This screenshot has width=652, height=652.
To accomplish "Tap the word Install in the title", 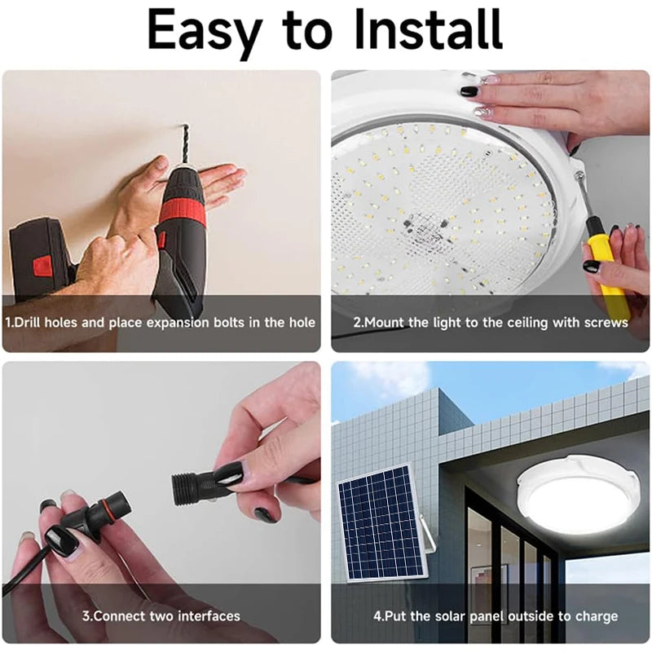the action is pyautogui.click(x=429, y=29).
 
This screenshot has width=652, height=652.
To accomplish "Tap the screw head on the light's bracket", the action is pyautogui.click(x=579, y=176).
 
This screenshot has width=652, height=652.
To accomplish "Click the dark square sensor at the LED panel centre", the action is pyautogui.click(x=423, y=227).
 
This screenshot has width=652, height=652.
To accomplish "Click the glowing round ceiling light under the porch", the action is pyautogui.click(x=579, y=498).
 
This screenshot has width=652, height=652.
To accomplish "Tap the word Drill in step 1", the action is pyautogui.click(x=28, y=323).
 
